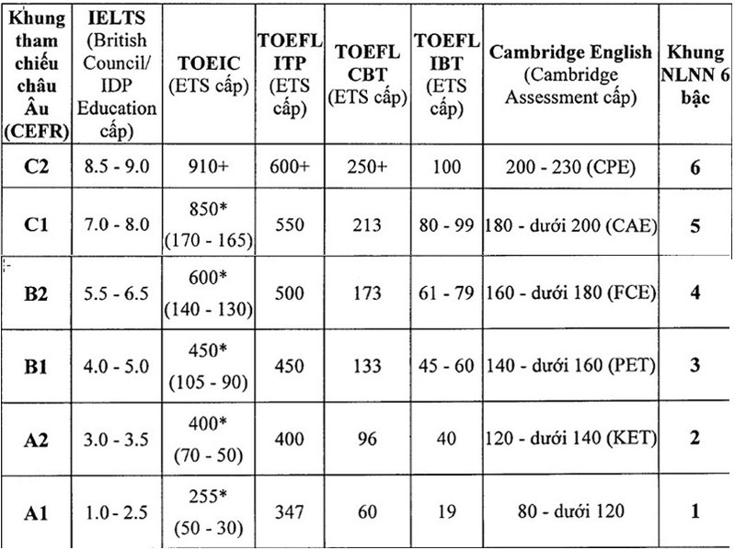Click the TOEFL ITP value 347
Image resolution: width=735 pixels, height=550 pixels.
(x=289, y=510)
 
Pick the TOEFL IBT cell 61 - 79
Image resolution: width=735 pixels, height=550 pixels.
(x=445, y=292)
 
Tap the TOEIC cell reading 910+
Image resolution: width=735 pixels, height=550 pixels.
(x=208, y=166)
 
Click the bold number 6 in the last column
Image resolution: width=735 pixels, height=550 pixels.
(x=696, y=166)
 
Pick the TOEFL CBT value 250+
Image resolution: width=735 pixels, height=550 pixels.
(x=366, y=166)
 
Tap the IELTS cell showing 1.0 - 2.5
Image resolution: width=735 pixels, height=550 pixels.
(x=116, y=510)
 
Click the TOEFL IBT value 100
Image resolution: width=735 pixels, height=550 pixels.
(x=445, y=166)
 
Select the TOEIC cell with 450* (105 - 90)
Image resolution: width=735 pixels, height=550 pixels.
(x=208, y=366)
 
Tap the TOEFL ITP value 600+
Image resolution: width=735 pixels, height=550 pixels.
(x=289, y=166)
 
